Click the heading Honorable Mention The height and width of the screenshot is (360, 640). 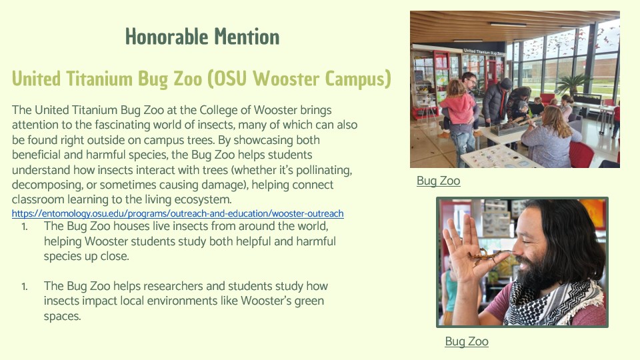pos(202,37)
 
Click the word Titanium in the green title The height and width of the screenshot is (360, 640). pos(99,79)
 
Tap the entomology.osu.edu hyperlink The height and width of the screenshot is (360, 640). pos(177,213)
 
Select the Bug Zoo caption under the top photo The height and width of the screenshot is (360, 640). pos(439,181)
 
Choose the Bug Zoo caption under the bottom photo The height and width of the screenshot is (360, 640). pos(467,341)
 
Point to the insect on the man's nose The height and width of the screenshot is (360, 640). pos(489,256)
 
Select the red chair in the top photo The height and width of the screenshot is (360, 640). pos(581,154)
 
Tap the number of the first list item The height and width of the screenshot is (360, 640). pos(25,227)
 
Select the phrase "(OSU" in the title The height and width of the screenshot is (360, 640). pos(227,79)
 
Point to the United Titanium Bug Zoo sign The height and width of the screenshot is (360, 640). pos(483,52)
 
